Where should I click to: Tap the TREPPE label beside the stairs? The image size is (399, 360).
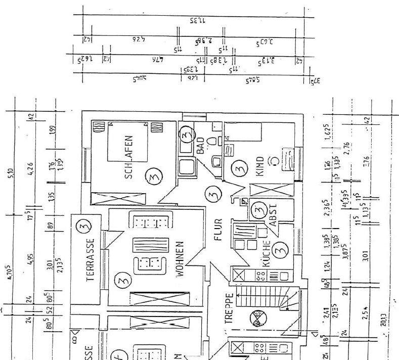pyautogui.click(x=229, y=308)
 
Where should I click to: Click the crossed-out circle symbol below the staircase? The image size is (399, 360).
pyautogui.click(x=260, y=319)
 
